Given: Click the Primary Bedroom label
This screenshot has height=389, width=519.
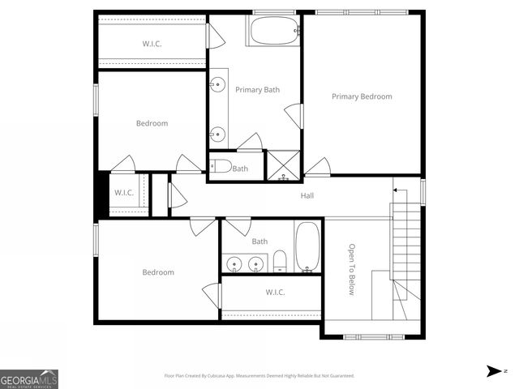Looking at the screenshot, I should coord(362,96).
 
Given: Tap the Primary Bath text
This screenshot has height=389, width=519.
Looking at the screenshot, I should coord(257,90).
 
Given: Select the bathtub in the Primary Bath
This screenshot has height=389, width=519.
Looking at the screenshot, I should coord(274,32).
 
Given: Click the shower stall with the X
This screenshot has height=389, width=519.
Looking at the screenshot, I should coord(284,165).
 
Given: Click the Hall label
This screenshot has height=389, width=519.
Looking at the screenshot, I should coord(307,195).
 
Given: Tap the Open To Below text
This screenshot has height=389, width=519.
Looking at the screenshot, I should coord(352,269).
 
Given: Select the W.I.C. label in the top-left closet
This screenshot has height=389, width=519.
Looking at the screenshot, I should coord(152,44).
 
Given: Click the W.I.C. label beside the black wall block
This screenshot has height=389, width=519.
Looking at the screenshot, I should coord(124,193).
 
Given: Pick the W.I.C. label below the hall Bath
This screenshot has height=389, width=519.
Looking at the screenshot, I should coord(275,292).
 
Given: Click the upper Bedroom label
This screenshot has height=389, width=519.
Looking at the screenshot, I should coord(152,123).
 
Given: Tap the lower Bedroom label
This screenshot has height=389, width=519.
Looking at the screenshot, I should coord(158,272).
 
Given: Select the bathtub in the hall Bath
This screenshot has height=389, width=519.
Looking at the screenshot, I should coord(307,246).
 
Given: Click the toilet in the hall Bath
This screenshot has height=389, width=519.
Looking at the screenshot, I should coord(280,261).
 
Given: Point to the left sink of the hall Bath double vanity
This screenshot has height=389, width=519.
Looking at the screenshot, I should coord(234,263).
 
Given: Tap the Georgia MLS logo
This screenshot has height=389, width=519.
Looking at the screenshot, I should coord(29,378).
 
